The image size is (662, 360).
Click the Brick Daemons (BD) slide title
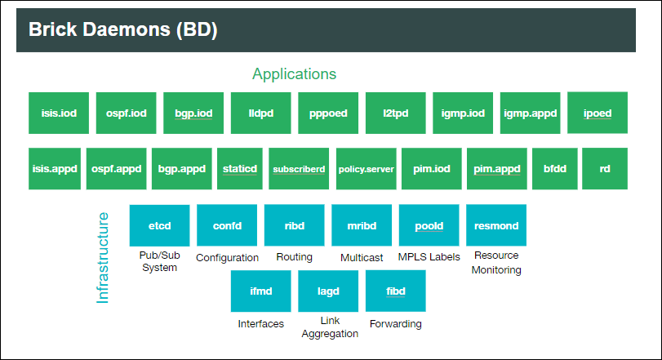(122, 30)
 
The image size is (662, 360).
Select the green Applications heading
(294, 73)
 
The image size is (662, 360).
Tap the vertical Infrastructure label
(103, 258)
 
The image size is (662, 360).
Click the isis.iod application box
(59, 113)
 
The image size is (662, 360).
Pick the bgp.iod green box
(193, 113)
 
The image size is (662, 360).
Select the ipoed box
(597, 113)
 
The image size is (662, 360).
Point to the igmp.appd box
(530, 113)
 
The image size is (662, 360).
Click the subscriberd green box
(299, 169)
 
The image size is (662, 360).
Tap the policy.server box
(366, 169)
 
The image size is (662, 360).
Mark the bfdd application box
(554, 169)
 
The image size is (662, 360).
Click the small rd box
(605, 169)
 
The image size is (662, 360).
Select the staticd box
(240, 169)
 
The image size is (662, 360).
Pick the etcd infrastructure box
(159, 225)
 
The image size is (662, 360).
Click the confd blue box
(227, 225)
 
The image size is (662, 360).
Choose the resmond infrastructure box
(496, 225)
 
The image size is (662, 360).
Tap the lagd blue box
(328, 291)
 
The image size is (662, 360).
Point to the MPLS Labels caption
(429, 257)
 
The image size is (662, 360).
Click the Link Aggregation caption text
(329, 328)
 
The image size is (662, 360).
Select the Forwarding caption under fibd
(395, 324)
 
